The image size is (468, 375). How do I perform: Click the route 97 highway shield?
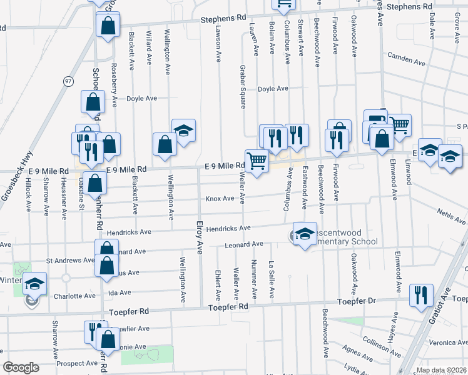[x=68, y=81]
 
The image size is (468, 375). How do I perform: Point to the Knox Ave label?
[x=220, y=199]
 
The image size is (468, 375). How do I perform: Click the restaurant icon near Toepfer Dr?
[x=419, y=294]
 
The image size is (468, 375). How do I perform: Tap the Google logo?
[x=21, y=367]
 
